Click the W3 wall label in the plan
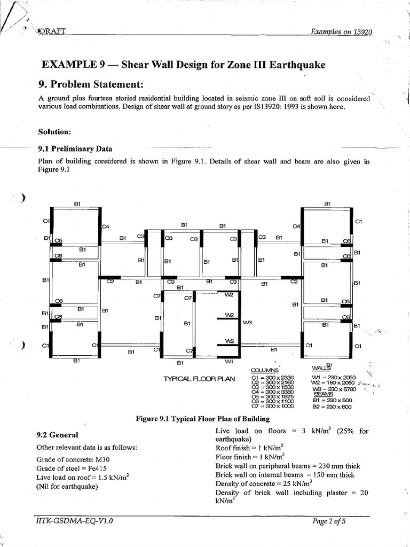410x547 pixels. (247, 323)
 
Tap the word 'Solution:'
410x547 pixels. (56, 131)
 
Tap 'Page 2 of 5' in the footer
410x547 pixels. (329, 521)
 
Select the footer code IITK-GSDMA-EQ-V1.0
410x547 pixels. (74, 521)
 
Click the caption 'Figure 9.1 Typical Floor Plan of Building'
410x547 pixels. (203, 419)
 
